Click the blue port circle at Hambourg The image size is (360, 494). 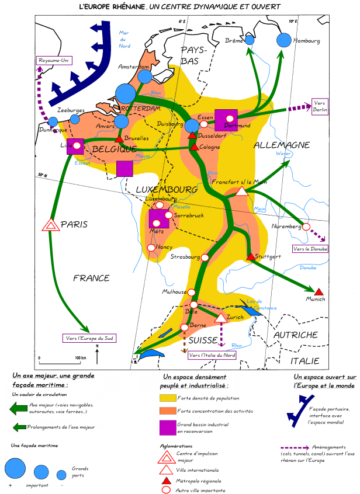click(x=283, y=40)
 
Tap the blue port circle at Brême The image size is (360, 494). click(x=250, y=40)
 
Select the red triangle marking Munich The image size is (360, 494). click(x=319, y=291)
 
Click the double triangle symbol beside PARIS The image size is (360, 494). click(x=50, y=225)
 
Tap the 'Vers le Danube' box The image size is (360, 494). click(x=310, y=249)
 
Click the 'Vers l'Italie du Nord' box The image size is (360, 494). click(x=213, y=354)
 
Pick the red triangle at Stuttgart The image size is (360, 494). click(x=251, y=257)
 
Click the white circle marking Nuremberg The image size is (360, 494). click(x=306, y=227)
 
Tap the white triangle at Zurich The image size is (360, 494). click(x=220, y=318)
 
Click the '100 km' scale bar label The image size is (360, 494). click(x=72, y=357)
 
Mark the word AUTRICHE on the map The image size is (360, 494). click(x=296, y=335)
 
